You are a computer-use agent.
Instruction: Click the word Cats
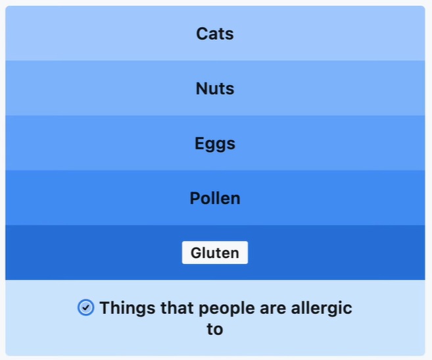point(215,34)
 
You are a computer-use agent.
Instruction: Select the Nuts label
point(215,89)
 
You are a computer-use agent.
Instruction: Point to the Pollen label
point(215,198)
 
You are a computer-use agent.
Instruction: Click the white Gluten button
point(215,253)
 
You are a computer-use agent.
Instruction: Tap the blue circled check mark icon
point(85,307)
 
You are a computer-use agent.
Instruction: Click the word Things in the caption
point(128,309)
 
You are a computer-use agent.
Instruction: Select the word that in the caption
point(177,307)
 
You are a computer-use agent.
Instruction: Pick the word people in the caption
point(226,309)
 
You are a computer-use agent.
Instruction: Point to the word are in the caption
point(272,309)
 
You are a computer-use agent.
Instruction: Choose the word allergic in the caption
point(322,309)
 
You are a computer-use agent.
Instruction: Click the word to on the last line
point(215,329)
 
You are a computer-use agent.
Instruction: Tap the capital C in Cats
point(202,34)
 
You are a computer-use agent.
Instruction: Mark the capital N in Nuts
point(202,89)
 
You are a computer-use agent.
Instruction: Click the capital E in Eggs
point(200,143)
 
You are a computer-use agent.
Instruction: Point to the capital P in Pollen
point(195,198)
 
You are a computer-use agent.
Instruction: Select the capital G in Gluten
point(197,253)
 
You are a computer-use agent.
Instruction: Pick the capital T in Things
point(105,307)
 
